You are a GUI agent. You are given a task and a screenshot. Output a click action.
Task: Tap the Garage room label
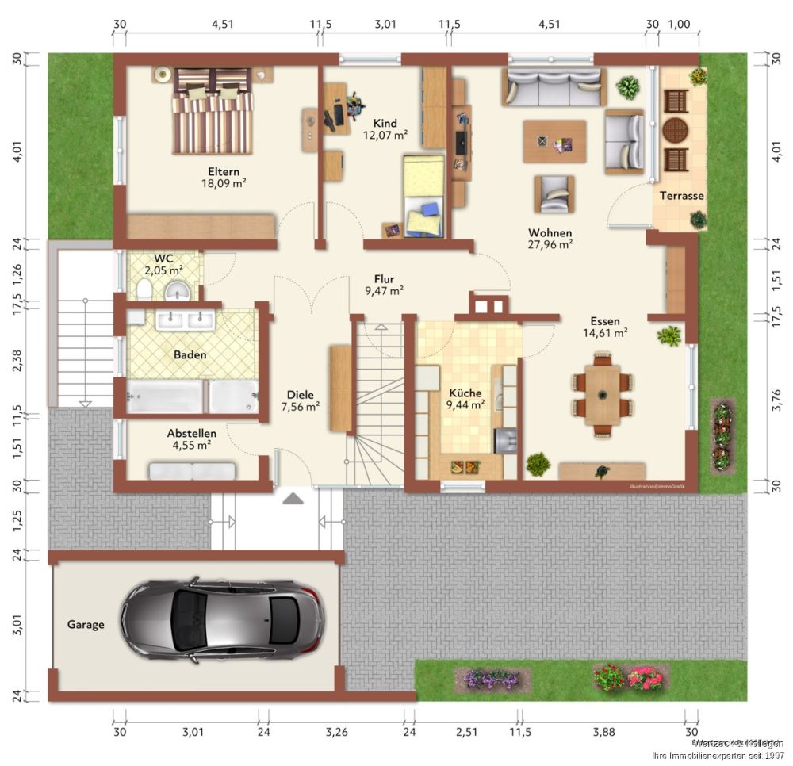tap(85, 625)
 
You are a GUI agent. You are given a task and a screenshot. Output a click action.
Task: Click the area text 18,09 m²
tap(224, 182)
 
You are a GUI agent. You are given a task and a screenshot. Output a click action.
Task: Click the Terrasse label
tap(681, 195)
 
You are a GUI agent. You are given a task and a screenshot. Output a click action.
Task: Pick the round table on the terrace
tap(676, 129)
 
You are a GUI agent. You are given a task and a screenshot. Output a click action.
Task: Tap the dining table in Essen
tap(603, 395)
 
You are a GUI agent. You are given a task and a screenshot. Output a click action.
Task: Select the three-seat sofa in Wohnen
tap(553, 86)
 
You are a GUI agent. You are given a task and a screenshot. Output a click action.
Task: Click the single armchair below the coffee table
tap(554, 194)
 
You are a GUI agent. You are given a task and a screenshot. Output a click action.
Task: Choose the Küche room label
tap(465, 393)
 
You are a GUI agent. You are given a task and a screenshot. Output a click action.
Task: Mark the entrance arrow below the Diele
tap(293, 499)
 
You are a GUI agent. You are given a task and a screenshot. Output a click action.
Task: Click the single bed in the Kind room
tap(422, 195)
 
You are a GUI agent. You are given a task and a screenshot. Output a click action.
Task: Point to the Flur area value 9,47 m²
tap(385, 291)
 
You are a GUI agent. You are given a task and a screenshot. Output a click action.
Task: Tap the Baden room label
tap(190, 354)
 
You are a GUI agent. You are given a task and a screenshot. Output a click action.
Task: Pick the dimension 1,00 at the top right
tap(679, 24)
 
